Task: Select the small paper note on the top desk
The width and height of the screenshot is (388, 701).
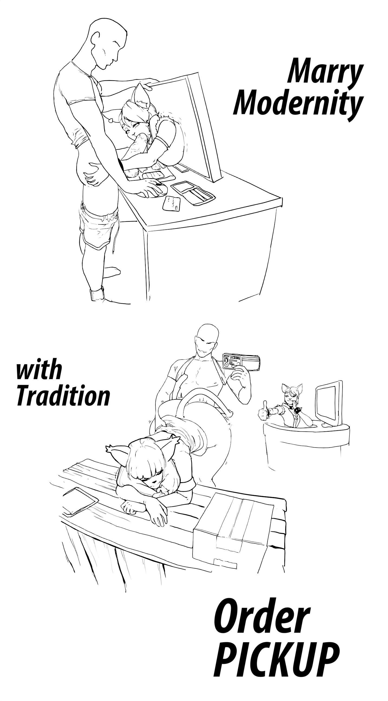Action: (171, 204)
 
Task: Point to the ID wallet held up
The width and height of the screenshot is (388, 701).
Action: (241, 362)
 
